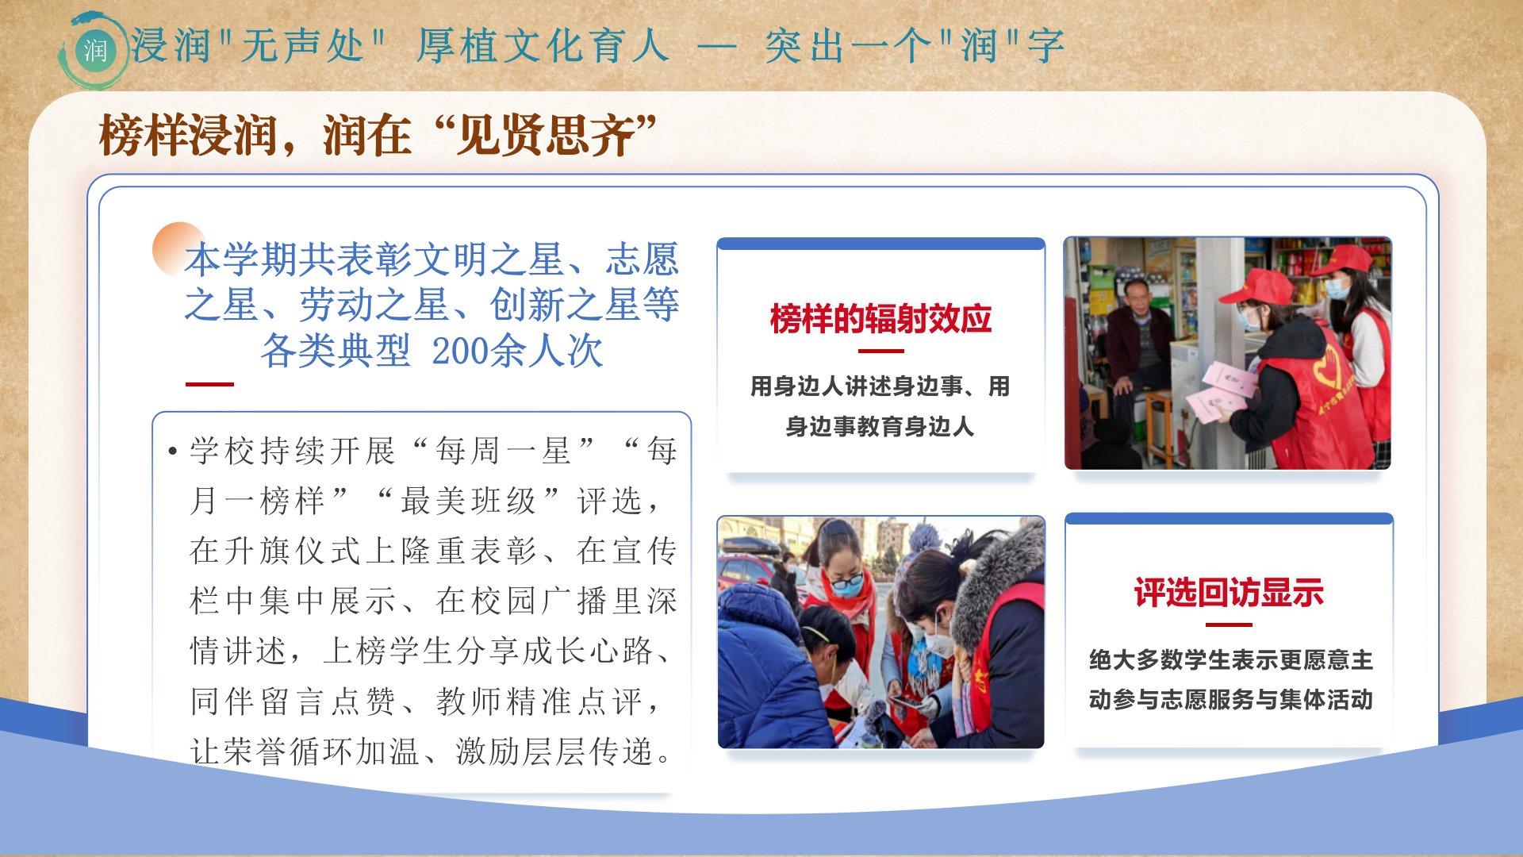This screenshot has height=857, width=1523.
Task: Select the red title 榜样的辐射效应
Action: click(880, 319)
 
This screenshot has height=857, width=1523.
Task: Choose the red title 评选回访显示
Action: click(1229, 592)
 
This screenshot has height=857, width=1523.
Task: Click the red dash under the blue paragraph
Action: click(209, 384)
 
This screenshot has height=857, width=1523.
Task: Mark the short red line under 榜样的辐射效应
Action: click(880, 351)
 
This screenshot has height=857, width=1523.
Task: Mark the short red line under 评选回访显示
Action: click(1228, 624)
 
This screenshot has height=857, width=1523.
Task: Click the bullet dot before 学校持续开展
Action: click(172, 452)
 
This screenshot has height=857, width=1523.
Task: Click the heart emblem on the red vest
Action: click(1329, 369)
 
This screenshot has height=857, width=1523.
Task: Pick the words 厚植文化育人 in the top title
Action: click(543, 44)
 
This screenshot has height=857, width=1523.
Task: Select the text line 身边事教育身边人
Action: click(880, 427)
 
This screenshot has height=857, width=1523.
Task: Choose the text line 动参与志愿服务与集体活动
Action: click(1230, 700)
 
